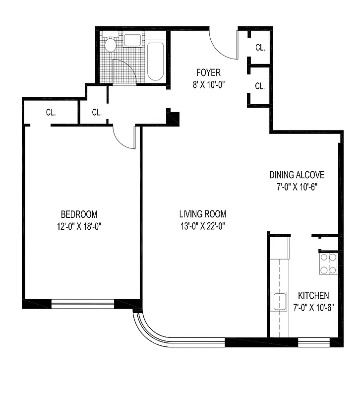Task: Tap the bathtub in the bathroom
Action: pyautogui.click(x=155, y=62)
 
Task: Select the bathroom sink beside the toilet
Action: pyautogui.click(x=131, y=40)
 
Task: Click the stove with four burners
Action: pyautogui.click(x=328, y=264)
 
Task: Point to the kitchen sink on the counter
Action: pyautogui.click(x=279, y=302)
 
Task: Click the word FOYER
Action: pyautogui.click(x=208, y=73)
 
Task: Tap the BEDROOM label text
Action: pyautogui.click(x=79, y=214)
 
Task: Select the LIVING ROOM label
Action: pyautogui.click(x=203, y=214)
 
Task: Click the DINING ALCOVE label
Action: pyautogui.click(x=297, y=175)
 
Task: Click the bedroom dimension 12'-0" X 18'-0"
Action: pyautogui.click(x=79, y=227)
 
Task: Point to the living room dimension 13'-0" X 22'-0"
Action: pyautogui.click(x=203, y=227)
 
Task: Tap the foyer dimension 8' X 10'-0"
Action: pyautogui.click(x=208, y=84)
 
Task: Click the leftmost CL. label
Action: pyautogui.click(x=51, y=112)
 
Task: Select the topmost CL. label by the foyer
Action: pyautogui.click(x=260, y=48)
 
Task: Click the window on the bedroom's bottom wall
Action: pyautogui.click(x=83, y=304)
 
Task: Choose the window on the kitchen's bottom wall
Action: pyautogui.click(x=313, y=341)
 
